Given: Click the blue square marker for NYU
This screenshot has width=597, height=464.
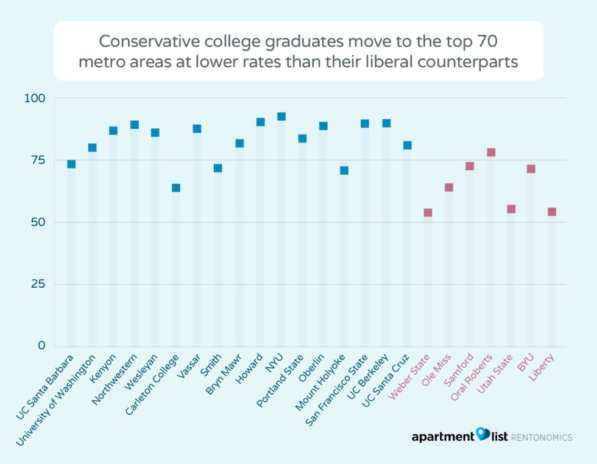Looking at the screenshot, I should (x=281, y=117).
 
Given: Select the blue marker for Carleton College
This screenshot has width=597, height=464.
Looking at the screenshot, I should (x=176, y=188).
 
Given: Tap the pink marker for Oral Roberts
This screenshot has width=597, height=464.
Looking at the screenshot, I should (x=491, y=153).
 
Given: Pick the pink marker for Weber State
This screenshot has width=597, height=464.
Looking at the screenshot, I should (x=428, y=213).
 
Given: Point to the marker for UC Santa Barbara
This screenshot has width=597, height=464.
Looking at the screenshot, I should (x=71, y=164).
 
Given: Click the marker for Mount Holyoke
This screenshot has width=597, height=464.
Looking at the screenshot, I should (x=344, y=170).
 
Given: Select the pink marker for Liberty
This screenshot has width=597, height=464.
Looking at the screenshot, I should (x=552, y=212).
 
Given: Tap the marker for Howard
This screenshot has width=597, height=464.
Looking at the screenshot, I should (x=260, y=122).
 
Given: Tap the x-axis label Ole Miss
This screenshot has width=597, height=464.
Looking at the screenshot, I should (x=437, y=372).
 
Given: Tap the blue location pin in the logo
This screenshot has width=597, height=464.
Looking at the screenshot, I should (x=482, y=434).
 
